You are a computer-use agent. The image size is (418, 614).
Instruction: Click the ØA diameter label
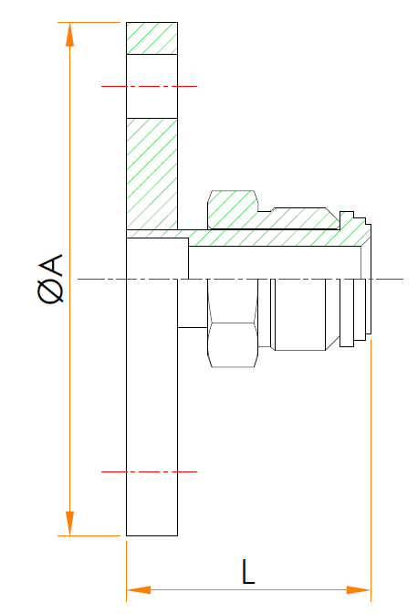point(50,279)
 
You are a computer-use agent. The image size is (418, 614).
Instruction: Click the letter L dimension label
point(248,571)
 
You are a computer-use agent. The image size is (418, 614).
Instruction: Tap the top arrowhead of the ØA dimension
point(69,35)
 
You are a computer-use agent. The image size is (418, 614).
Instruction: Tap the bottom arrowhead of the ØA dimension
point(69,524)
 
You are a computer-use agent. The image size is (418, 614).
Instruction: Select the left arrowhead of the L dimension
point(139,589)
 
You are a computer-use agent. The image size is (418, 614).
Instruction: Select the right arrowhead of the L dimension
point(359,589)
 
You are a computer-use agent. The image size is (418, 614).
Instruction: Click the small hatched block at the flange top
point(152,38)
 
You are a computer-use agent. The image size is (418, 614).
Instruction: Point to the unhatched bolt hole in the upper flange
point(152,86)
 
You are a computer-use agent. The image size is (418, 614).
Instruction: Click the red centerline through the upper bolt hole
point(149,86)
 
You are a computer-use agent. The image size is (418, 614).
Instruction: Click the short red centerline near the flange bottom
point(149,471)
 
